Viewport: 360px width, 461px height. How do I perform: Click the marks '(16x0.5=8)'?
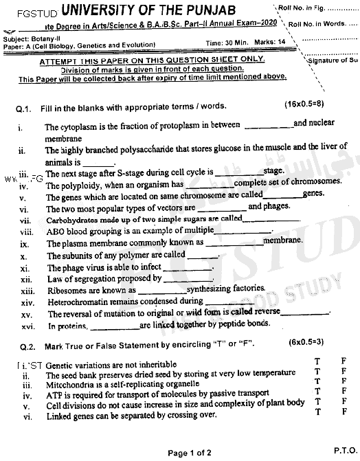(x=306, y=105)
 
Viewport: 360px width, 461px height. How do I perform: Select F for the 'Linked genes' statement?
(x=343, y=412)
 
